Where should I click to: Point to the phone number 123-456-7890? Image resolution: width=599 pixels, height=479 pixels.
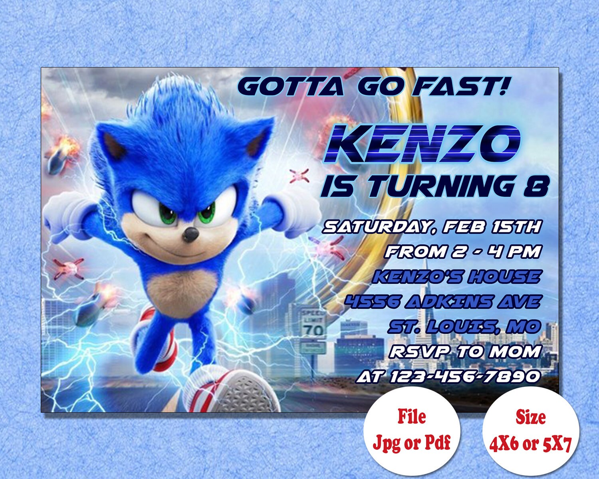tap(465, 376)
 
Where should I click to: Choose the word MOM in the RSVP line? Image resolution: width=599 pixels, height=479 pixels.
tap(515, 352)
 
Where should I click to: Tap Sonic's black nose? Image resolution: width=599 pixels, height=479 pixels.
tap(190, 235)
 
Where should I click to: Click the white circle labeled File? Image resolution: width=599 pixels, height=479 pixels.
tap(411, 433)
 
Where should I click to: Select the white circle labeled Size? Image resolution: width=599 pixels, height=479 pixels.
tap(530, 433)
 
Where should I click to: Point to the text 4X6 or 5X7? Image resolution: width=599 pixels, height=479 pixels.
tap(530, 443)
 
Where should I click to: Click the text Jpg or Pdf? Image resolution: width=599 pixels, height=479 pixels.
tap(411, 443)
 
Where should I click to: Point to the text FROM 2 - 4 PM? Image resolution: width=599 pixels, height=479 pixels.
tap(463, 252)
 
